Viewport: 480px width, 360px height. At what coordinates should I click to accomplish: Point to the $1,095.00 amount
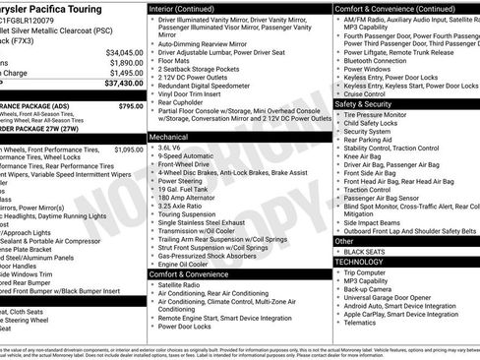pos(125,150)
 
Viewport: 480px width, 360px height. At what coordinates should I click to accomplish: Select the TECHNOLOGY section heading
pos(363,263)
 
